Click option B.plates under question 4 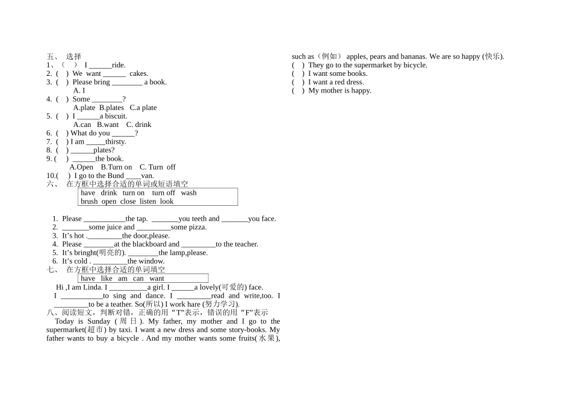pos(111,108)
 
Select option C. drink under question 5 pos(138,125)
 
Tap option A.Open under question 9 pos(81,167)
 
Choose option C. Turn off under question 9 pos(158,167)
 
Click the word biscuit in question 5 pos(116,116)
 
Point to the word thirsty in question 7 pos(115,142)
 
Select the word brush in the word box pos(89,202)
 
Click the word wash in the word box pos(188,193)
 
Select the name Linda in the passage pos(93,287)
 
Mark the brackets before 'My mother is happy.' pos(298,91)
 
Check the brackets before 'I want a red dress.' pos(298,82)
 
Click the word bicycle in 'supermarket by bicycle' pos(415,65)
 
